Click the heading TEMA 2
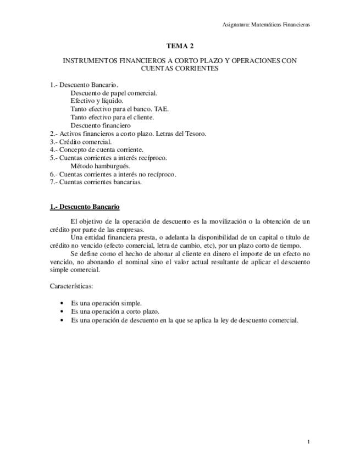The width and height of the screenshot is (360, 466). click(x=180, y=46)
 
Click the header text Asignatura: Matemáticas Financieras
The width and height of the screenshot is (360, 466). click(x=266, y=25)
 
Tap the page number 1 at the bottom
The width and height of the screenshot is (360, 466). click(x=309, y=442)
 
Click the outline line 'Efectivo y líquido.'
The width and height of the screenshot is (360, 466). click(x=97, y=101)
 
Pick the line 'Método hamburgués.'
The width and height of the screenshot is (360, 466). click(x=100, y=166)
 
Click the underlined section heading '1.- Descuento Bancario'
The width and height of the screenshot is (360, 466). click(x=85, y=207)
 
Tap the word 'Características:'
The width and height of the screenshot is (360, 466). click(x=71, y=286)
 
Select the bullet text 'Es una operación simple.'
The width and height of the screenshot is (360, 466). click(x=107, y=303)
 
